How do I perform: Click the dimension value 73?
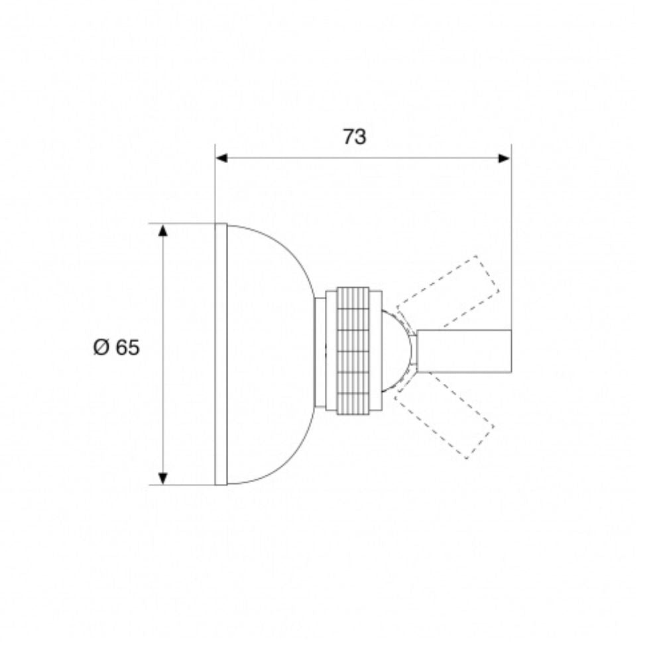(355, 137)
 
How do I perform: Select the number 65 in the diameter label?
(127, 347)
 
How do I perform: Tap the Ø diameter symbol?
(101, 347)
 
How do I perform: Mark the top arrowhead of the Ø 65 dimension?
(163, 229)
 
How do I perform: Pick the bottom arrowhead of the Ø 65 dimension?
(163, 478)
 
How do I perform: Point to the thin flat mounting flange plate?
(221, 353)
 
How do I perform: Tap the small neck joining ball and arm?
(413, 351)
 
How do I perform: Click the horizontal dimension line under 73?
(298, 158)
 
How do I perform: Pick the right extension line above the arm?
(511, 232)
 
